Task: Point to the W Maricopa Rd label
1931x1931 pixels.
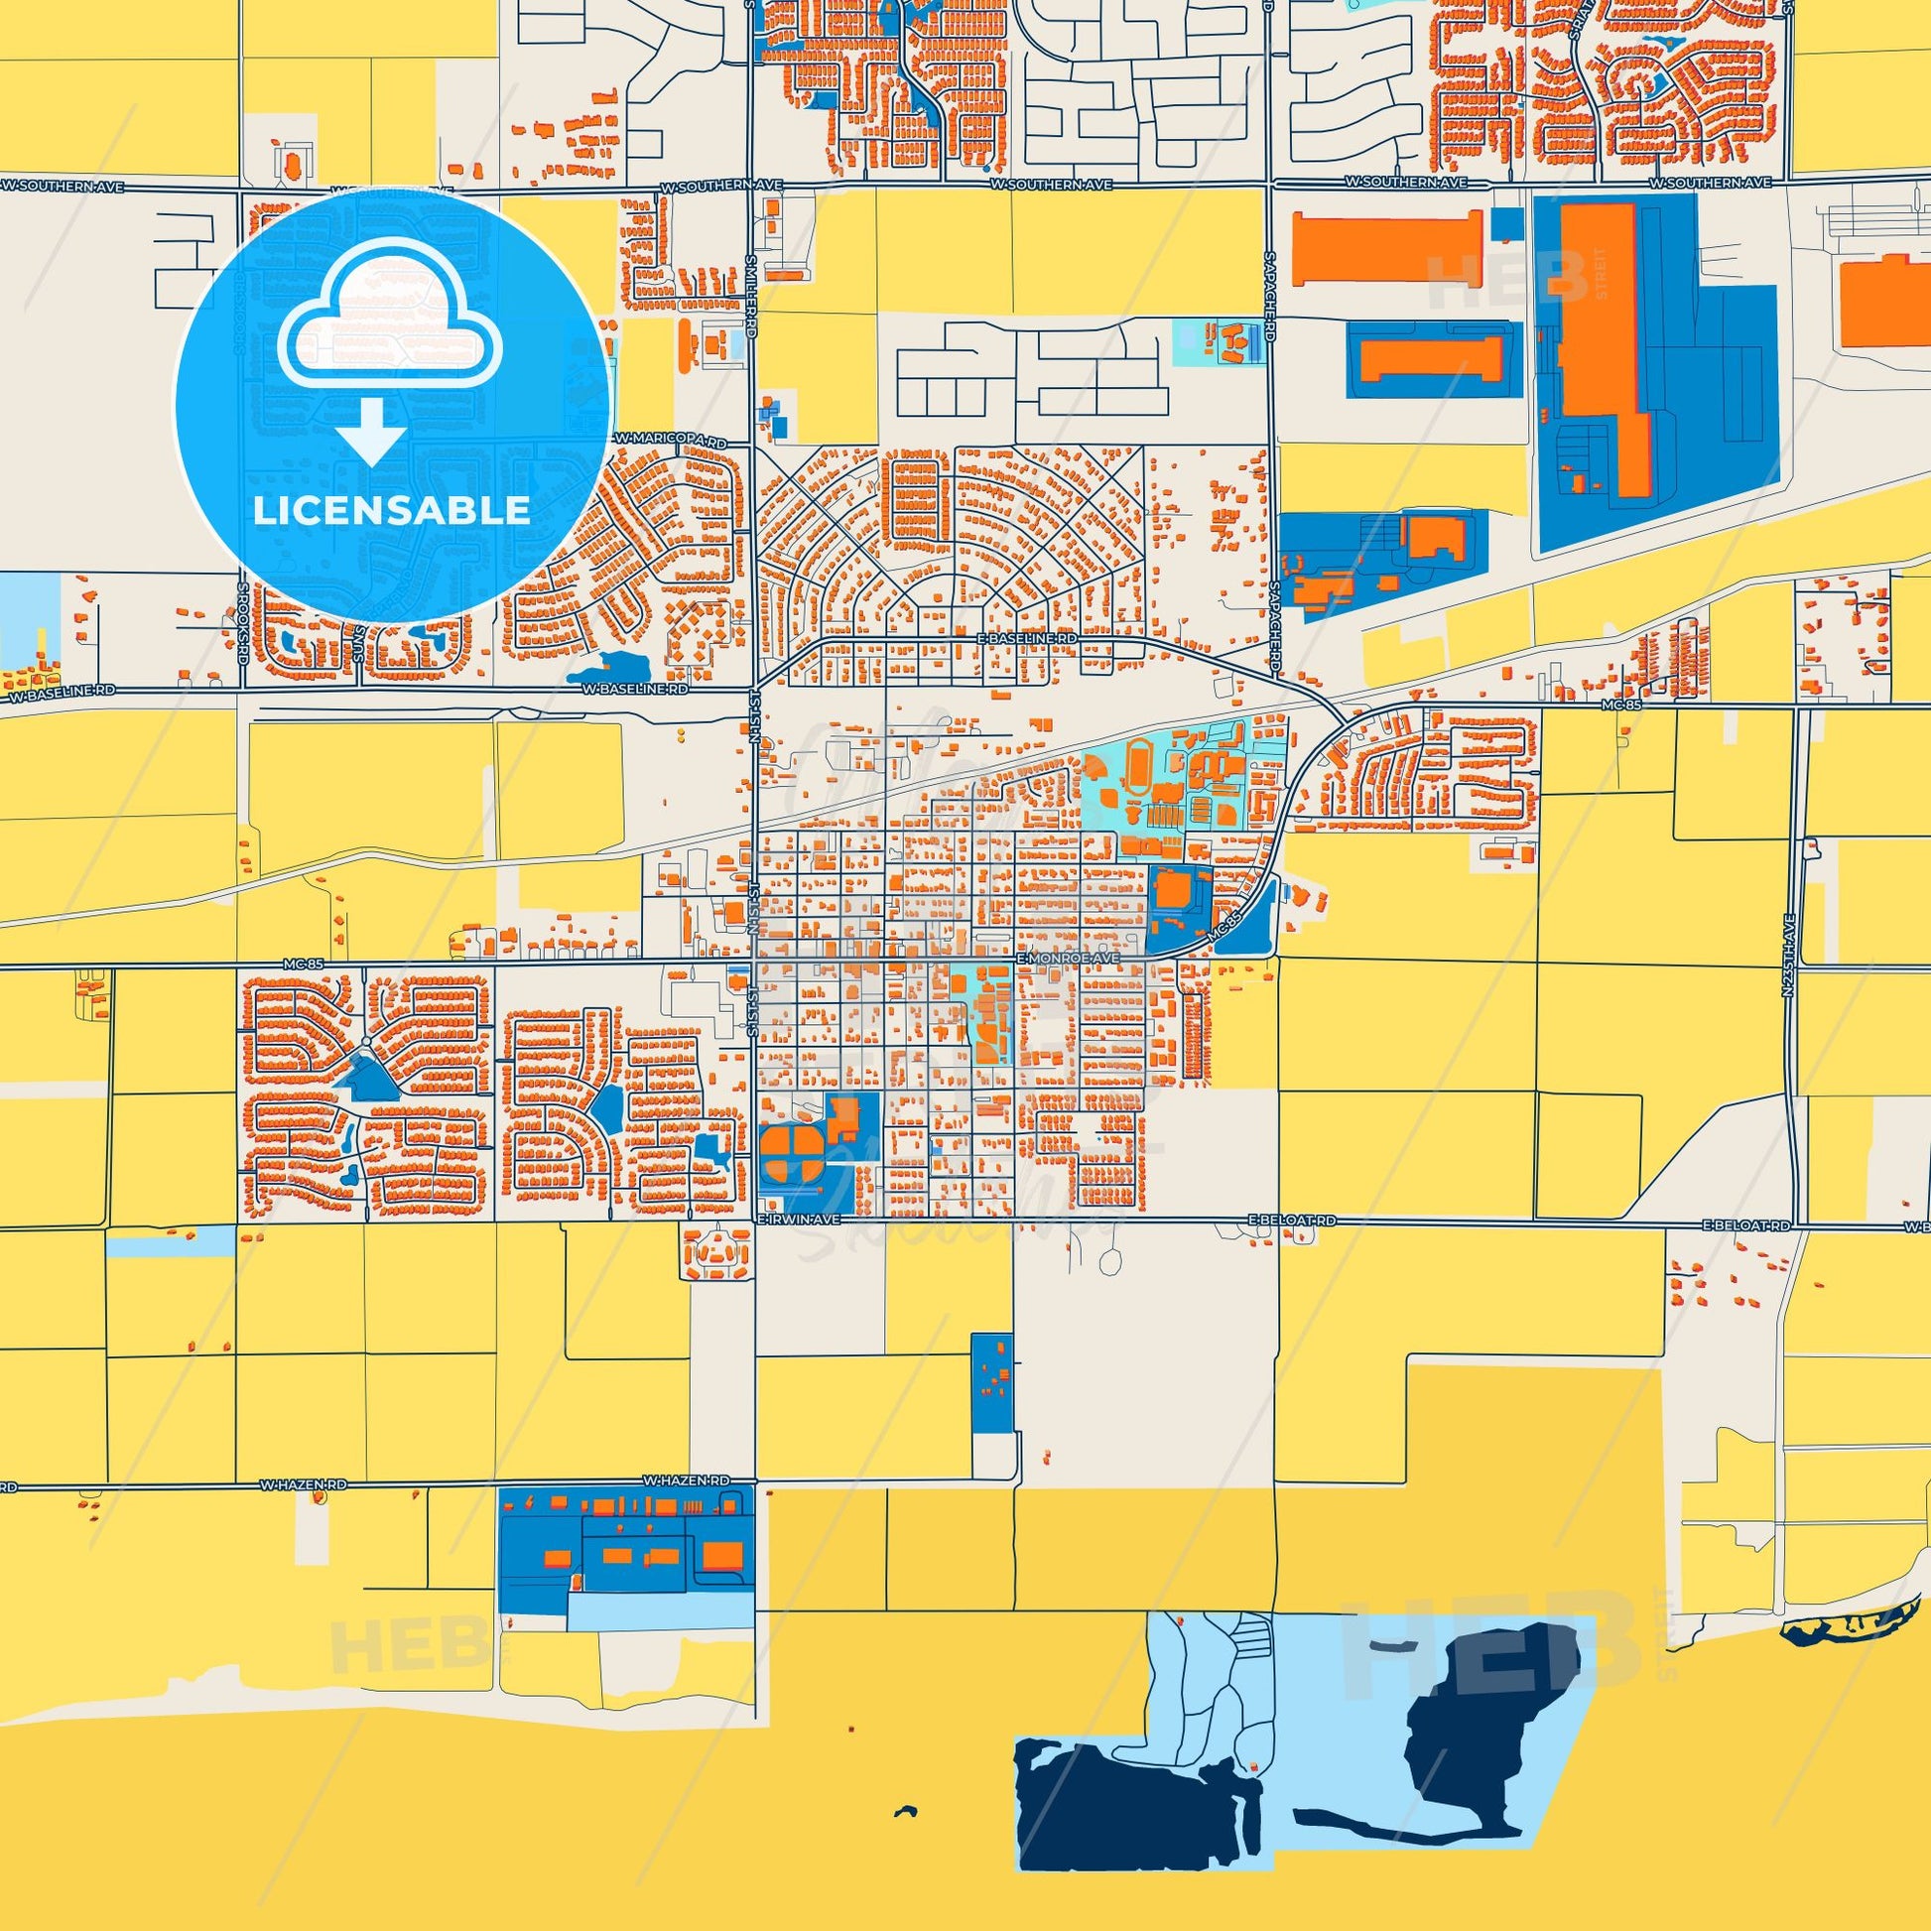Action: (669, 440)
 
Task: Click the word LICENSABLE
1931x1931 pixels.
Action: (391, 511)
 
